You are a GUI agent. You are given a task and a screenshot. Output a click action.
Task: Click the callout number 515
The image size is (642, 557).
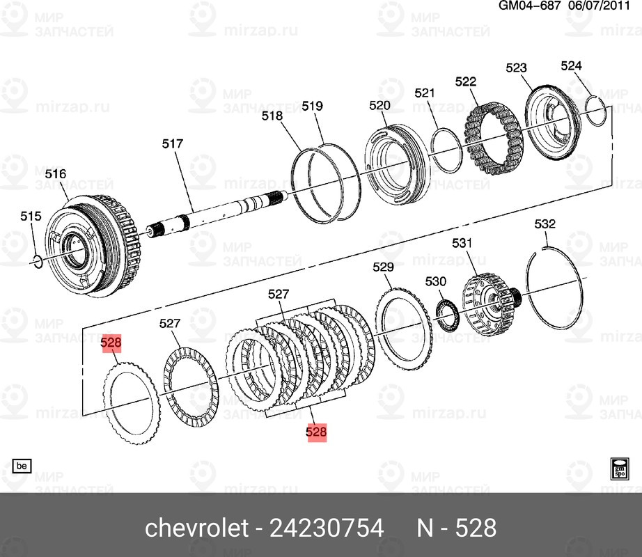pos(31,217)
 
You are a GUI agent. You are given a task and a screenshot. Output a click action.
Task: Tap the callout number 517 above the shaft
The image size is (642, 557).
pos(172,144)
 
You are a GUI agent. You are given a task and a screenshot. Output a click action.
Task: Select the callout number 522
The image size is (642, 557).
pos(466,81)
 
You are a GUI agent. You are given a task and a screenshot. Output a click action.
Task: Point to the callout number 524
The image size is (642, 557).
pos(570,66)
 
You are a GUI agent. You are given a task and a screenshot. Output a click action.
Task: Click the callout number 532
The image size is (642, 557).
pos(545,224)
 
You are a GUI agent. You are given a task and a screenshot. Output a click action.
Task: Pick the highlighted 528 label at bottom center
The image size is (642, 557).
pos(316,432)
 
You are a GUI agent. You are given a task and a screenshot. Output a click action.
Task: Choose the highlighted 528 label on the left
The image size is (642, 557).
pos(111,343)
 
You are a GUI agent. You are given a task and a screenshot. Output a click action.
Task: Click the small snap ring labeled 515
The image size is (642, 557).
pos(38,260)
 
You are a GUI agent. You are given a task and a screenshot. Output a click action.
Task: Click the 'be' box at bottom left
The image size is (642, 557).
pos(21,465)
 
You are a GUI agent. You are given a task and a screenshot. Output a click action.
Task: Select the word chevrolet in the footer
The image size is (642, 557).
pos(196,528)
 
